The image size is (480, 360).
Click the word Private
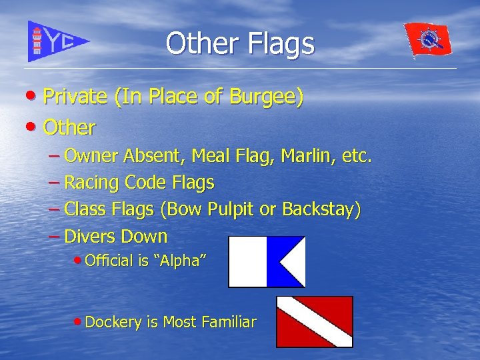coord(75,97)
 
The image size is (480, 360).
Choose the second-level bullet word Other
coord(69,127)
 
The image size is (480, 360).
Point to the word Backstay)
coord(321,209)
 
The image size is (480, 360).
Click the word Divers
coord(89,236)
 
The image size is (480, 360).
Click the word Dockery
coord(113,322)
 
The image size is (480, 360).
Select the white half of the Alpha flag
coord(247,261)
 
